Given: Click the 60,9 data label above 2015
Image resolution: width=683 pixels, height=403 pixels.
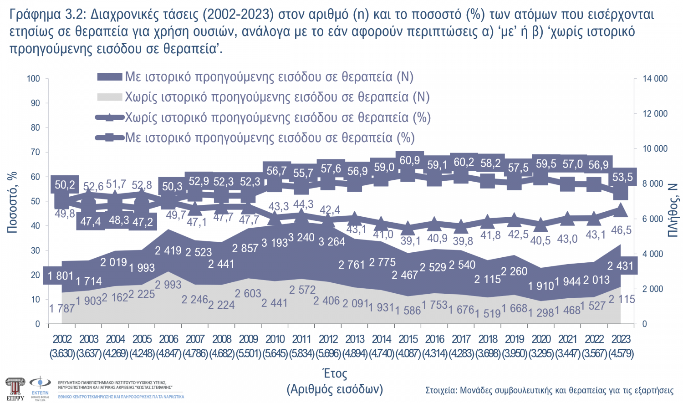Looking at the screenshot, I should tap(410, 160).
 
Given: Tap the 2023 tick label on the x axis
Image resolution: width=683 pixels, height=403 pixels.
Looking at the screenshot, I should tap(621, 339).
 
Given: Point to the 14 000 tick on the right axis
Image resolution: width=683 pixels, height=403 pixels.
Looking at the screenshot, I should tap(655, 79).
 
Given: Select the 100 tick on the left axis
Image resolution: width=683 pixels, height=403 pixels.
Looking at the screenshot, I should tap(33, 79).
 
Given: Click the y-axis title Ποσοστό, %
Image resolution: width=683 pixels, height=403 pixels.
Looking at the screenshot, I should tap(12, 202).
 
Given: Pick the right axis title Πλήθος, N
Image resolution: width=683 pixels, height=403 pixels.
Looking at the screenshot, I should tap(673, 210).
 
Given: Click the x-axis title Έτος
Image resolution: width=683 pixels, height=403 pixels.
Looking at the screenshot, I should tap(335, 374).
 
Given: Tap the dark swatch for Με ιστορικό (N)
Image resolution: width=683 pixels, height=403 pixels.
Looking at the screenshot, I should tap(110, 77).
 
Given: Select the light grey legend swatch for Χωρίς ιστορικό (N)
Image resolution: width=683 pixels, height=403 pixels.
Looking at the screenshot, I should tap(110, 97).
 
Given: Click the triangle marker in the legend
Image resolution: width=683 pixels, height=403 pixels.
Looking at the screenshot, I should tap(110, 117).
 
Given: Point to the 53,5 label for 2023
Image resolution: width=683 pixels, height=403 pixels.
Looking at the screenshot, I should tap(622, 177).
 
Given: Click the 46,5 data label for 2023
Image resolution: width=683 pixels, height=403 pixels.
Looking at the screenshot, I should tap(621, 230).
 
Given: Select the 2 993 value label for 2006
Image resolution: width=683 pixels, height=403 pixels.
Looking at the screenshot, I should tap(168, 285).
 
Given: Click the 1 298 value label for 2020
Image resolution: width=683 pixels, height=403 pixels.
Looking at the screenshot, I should tap(541, 312).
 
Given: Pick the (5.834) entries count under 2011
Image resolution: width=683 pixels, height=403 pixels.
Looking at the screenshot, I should tap(301, 353).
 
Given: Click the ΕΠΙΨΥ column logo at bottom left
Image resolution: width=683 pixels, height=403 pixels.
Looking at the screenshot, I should tap(15, 388).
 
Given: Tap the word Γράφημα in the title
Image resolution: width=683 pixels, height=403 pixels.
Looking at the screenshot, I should tap(35, 15).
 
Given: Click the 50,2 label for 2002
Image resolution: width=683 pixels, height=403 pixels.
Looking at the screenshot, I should tap(65, 185).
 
